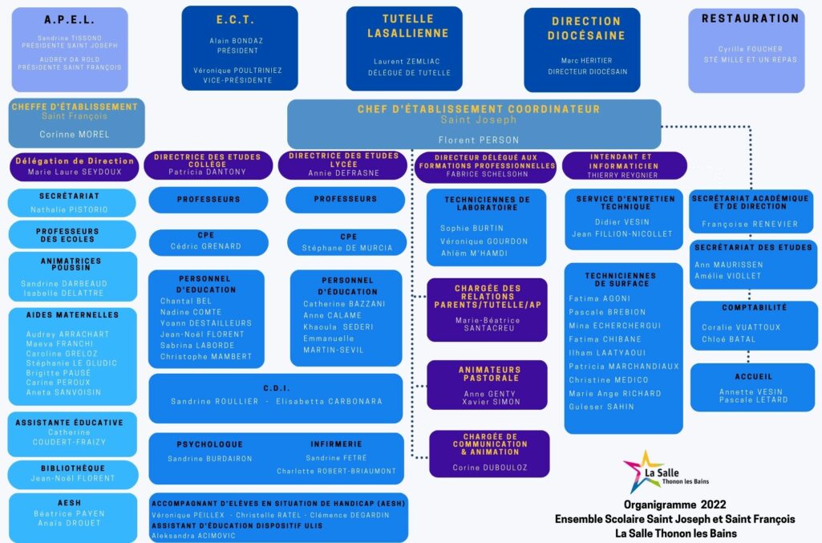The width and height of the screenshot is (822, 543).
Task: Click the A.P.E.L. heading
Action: tap(69, 21)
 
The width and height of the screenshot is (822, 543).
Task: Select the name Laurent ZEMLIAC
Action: tap(404, 61)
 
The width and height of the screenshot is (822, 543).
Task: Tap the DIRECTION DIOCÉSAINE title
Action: tap(586, 29)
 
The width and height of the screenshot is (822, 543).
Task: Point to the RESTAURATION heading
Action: tap(750, 18)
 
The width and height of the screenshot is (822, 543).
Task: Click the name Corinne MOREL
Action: tap(75, 135)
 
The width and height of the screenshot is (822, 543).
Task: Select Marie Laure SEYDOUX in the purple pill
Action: tap(74, 172)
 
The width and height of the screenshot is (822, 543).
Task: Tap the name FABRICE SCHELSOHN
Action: tap(484, 175)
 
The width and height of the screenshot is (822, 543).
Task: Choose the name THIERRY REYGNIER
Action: tap(623, 174)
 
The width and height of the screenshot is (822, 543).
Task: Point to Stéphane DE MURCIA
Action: tap(348, 248)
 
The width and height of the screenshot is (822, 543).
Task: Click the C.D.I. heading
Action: tap(276, 387)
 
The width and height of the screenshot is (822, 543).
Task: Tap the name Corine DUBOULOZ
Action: tap(489, 468)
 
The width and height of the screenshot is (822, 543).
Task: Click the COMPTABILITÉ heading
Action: tap(753, 307)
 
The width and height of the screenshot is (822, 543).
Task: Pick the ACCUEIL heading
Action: tap(753, 376)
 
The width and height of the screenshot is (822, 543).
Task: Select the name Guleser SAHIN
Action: tap(601, 407)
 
